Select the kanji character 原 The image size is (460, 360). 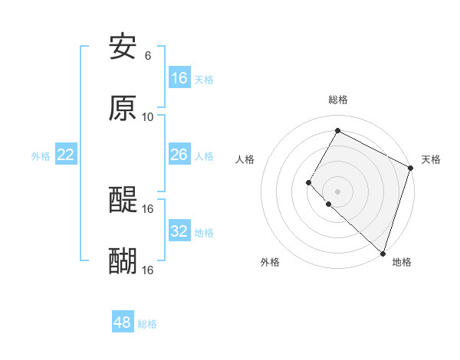(123, 109)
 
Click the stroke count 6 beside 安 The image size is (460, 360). (148, 56)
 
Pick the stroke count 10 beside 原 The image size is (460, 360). (148, 116)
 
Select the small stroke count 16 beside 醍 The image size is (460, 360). (148, 208)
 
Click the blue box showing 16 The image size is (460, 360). (179, 78)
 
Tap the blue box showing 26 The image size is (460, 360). (179, 155)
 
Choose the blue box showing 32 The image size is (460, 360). (179, 231)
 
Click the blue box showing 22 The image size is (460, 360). (66, 155)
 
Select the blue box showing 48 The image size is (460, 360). (123, 322)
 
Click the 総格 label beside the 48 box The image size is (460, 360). (147, 324)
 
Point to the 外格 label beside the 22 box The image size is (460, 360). (41, 156)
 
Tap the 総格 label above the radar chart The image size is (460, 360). (338, 100)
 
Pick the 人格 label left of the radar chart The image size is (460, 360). (245, 159)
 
